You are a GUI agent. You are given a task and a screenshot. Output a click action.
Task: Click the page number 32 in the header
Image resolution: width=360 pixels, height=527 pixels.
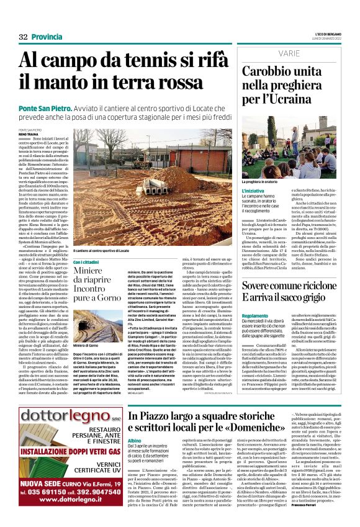click(x=24, y=37)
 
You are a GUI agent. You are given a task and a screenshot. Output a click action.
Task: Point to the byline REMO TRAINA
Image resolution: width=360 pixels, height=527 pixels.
click(x=28, y=134)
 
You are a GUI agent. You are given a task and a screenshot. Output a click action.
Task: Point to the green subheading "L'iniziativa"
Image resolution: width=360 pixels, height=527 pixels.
click(x=253, y=191)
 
